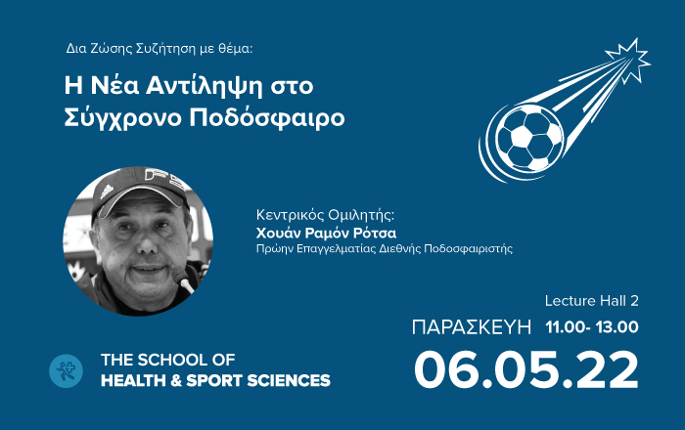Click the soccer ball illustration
pyautogui.click(x=529, y=138)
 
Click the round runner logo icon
pyautogui.click(x=66, y=370)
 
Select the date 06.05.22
pyautogui.click(x=526, y=369)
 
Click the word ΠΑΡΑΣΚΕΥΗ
pyautogui.click(x=472, y=327)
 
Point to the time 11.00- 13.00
pyautogui.click(x=592, y=327)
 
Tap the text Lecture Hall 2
pyautogui.click(x=591, y=300)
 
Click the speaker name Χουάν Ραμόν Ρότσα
pyautogui.click(x=326, y=233)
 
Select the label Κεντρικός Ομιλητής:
pyautogui.click(x=325, y=215)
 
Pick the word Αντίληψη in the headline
pyautogui.click(x=205, y=86)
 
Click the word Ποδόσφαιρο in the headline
pyautogui.click(x=267, y=117)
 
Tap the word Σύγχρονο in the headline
pyautogui.click(x=122, y=117)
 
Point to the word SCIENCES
pyautogui.click(x=289, y=380)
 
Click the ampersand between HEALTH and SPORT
pyautogui.click(x=176, y=380)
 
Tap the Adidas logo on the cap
pyautogui.click(x=107, y=192)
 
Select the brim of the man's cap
pyautogui.click(x=141, y=198)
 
